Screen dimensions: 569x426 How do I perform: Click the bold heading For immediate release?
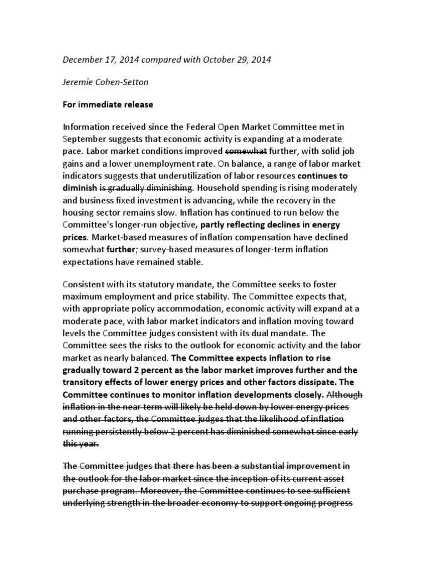tap(108, 104)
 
